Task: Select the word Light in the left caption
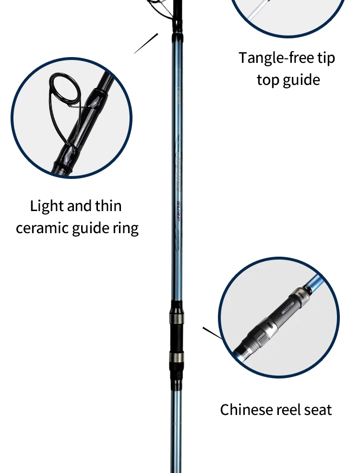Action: (x=47, y=206)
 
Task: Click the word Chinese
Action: (x=246, y=410)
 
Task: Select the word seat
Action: (x=317, y=410)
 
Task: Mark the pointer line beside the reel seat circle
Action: (x=212, y=333)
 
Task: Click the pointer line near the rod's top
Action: (x=146, y=43)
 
